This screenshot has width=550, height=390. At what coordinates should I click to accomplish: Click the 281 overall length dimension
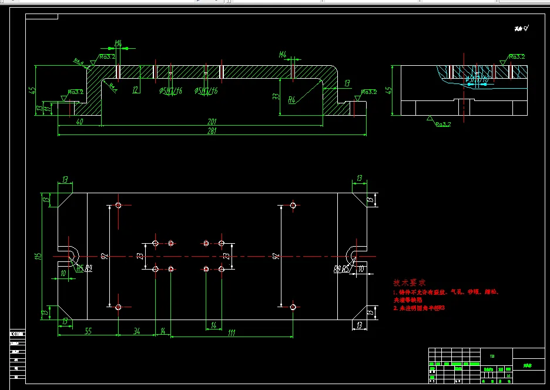point(212,131)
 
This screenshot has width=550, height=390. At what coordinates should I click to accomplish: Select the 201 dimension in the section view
point(212,121)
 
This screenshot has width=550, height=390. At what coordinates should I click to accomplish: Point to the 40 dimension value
point(79,121)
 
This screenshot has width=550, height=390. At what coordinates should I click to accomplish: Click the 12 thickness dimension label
point(136,90)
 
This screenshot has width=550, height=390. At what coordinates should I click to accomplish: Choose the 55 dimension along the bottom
point(88,332)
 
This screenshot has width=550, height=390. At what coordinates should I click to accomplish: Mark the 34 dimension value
point(136,332)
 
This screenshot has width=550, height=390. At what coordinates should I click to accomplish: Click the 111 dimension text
point(231,332)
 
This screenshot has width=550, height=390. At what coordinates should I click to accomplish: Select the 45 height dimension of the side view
point(388,90)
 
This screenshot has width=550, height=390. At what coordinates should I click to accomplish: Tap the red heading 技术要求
point(408,283)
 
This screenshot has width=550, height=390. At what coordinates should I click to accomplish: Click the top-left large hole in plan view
point(118,206)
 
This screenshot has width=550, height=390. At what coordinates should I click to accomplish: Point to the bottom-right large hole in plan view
point(293,307)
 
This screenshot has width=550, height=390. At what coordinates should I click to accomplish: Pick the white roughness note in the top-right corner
point(521,28)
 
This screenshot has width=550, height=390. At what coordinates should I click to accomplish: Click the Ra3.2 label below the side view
point(442,124)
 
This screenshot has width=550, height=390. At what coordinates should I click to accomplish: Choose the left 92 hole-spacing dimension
point(104,256)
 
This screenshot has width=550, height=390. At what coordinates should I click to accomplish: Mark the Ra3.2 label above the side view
point(517,57)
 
